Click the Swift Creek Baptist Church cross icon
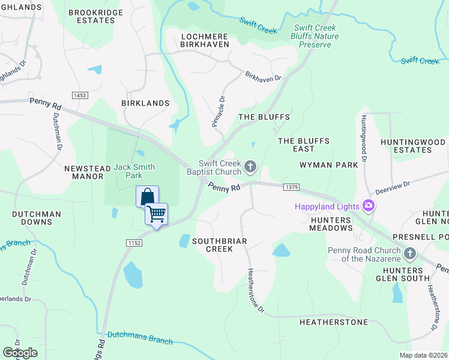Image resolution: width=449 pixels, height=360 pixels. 250,166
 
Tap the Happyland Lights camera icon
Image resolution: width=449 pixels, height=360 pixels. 369,206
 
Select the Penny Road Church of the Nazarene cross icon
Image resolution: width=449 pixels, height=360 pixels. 410,253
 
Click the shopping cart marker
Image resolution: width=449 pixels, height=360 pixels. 156,214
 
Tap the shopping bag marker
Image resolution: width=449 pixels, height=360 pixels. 147,196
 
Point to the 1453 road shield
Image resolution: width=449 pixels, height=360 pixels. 79,95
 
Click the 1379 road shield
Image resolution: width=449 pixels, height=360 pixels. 291,188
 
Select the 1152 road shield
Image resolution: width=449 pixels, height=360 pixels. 134,242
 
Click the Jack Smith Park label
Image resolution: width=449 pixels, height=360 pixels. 134,171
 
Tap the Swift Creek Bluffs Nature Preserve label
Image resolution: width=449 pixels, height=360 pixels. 316,36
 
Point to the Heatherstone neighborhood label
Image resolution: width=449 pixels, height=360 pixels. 333,322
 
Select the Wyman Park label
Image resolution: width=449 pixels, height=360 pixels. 330,164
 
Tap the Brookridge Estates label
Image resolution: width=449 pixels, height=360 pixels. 95,16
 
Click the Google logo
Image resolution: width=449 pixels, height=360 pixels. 20,353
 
